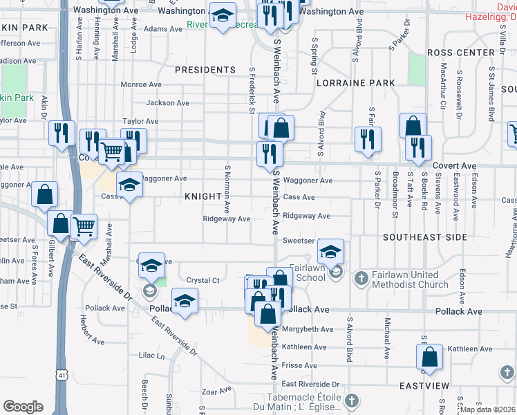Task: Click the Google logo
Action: (22, 407)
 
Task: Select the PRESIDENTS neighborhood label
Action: (205, 70)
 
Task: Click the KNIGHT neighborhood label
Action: (203, 196)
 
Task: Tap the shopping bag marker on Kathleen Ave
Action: (429, 357)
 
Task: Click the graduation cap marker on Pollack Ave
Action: (185, 301)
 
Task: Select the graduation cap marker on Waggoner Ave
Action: (129, 185)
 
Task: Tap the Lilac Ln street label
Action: (151, 356)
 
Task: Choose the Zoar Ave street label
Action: (216, 391)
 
